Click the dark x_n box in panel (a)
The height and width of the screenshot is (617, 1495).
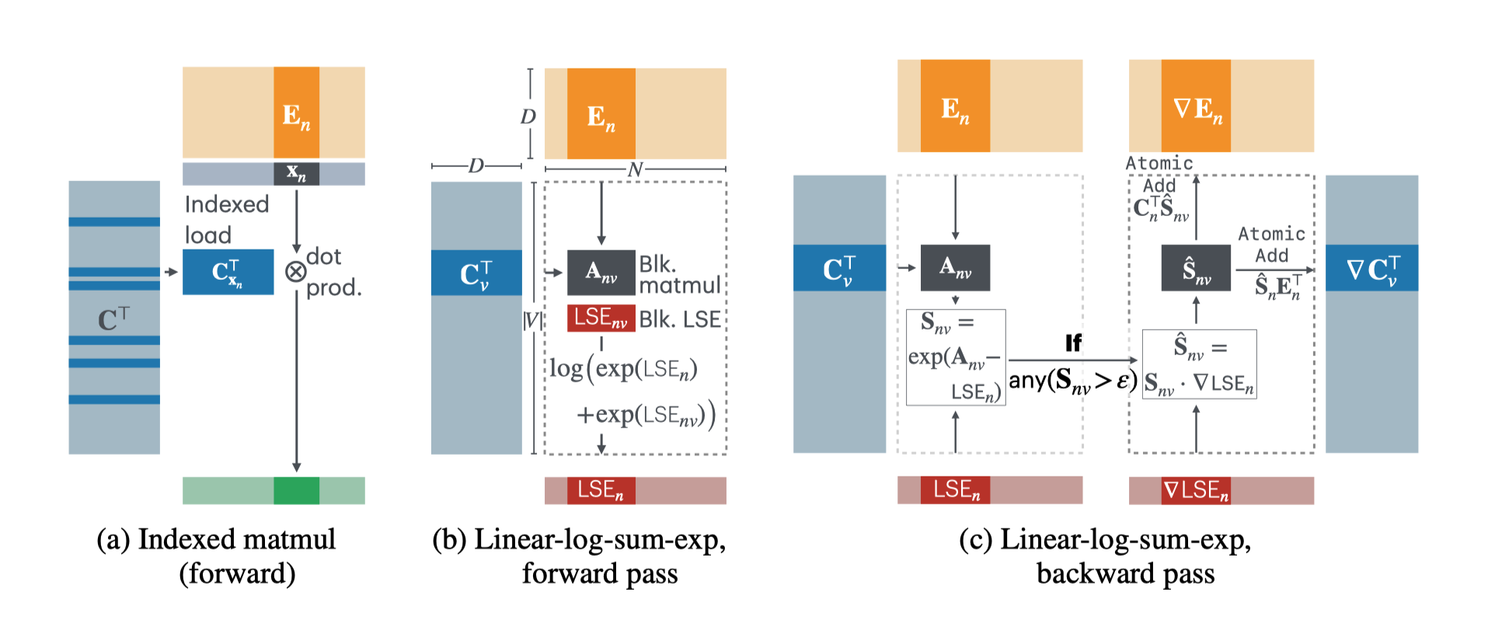[x=296, y=173]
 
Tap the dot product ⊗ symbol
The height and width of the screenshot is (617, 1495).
[x=295, y=272]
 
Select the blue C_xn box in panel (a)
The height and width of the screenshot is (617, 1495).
[x=228, y=272]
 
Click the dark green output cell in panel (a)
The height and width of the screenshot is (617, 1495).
[x=296, y=490]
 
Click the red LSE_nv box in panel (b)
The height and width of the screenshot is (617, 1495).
[x=601, y=319]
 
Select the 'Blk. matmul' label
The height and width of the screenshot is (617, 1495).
[x=679, y=274]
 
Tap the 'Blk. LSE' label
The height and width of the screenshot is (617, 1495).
[x=680, y=319]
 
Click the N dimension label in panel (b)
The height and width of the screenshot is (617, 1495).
[x=636, y=169]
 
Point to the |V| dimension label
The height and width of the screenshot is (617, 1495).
[x=532, y=319]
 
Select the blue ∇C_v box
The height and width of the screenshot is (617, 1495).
[x=1371, y=269]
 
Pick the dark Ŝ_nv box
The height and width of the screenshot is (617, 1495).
[x=1196, y=269]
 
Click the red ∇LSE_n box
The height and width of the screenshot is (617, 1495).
[x=1196, y=490]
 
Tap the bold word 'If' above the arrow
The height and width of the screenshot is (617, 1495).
[x=1073, y=343]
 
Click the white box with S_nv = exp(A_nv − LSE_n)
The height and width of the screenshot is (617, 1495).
[x=956, y=357]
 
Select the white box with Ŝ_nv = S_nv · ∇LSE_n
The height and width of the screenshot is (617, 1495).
[x=1199, y=364]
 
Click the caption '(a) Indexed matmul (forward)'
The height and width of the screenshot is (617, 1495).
[x=216, y=556]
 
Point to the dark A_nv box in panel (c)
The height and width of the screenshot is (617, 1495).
[x=955, y=268]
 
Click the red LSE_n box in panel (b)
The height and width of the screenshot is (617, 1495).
[x=601, y=490]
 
